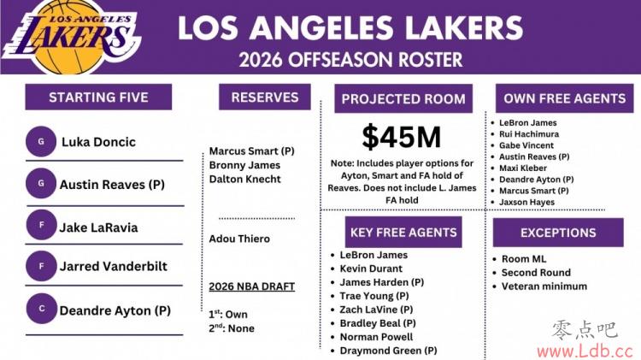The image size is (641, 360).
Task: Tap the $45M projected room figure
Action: tap(402, 137)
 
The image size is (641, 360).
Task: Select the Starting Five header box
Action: tap(98, 97)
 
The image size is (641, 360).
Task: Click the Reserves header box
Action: tap(265, 97)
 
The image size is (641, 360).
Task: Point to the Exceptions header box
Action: tap(558, 233)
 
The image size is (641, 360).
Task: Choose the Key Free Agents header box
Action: tap(403, 232)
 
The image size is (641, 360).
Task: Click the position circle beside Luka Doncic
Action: tap(41, 142)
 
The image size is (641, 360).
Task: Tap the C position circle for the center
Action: tap(42, 309)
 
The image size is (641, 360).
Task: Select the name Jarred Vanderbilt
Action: tap(113, 266)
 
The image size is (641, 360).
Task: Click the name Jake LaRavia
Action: tap(98, 227)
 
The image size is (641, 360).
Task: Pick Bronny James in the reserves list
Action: tap(244, 165)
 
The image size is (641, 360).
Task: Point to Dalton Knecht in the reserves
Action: tap(245, 179)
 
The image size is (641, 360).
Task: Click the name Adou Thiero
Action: tap(239, 239)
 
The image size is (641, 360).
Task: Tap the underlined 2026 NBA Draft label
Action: tap(252, 286)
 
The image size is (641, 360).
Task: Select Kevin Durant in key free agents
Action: tap(371, 269)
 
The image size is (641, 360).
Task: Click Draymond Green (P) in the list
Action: tap(388, 351)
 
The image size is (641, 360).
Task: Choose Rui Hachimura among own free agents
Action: tap(529, 133)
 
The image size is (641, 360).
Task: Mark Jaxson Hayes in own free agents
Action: tap(527, 202)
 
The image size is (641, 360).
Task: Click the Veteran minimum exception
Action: tap(544, 286)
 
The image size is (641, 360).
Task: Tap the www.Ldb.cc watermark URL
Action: tap(585, 351)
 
